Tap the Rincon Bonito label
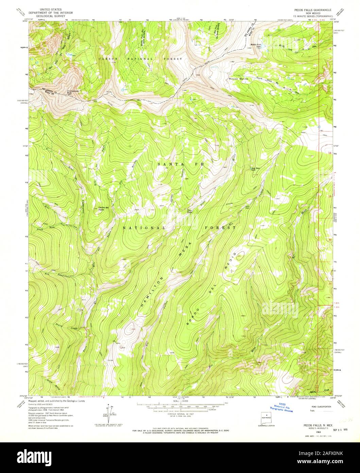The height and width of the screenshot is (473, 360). pyautogui.click(x=239, y=79)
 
